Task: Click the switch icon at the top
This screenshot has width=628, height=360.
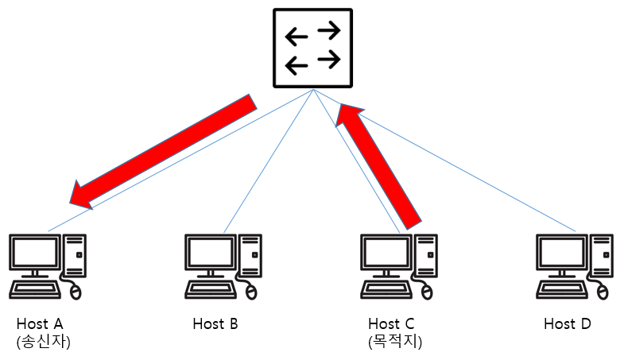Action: click(312, 48)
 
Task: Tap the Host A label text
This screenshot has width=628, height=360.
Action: click(39, 324)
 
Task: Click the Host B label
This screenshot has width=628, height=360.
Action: click(215, 324)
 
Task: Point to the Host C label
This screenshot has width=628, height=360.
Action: click(391, 324)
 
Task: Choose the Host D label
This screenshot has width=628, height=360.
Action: click(568, 324)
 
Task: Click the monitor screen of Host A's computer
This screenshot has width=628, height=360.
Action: click(34, 253)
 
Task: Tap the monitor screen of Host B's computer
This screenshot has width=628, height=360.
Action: click(211, 253)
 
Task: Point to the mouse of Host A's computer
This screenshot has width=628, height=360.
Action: click(76, 292)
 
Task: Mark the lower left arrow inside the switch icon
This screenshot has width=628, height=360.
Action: click(296, 64)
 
